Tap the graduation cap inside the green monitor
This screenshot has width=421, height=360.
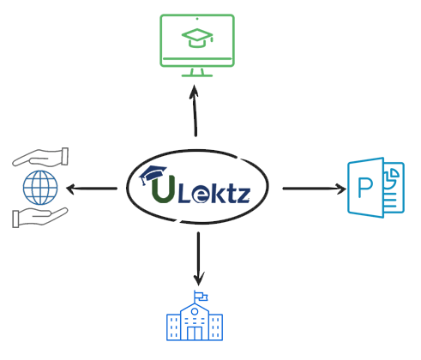point(197,38)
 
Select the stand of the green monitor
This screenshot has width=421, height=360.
point(197,73)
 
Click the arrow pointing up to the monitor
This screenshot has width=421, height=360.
point(195,111)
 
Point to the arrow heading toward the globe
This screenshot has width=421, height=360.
point(92,189)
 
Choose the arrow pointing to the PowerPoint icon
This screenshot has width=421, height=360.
point(315,189)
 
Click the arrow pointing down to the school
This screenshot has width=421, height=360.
point(198,259)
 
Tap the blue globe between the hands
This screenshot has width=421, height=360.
point(40,188)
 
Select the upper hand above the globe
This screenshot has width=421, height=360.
point(40,157)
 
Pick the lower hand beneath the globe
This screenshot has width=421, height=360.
point(40,218)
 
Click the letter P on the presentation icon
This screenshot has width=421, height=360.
point(365,188)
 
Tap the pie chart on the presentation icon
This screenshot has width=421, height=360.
point(392,176)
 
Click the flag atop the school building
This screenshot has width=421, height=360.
point(201,297)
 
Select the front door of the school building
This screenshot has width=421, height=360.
point(195,333)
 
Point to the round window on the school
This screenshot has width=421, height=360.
point(195,311)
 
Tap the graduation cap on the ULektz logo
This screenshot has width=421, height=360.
point(153,174)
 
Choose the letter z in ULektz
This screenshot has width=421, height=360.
point(243,195)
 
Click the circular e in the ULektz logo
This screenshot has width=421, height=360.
point(201,195)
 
